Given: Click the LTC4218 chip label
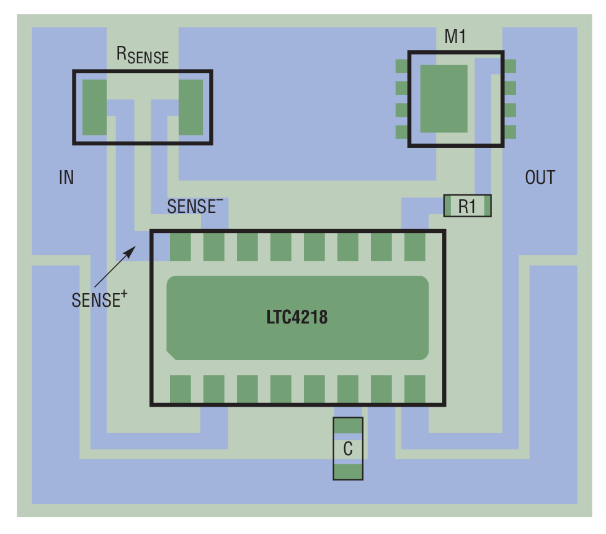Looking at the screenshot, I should click(297, 318).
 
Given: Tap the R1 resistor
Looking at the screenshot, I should click(467, 206).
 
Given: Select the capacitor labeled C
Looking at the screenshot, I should click(348, 448).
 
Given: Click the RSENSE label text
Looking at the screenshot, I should click(143, 55).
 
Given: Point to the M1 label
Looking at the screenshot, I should click(455, 37).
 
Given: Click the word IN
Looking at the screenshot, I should click(66, 178).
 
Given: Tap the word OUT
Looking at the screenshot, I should click(540, 178).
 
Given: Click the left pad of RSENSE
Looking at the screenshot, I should click(95, 107).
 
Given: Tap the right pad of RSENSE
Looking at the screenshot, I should click(191, 107).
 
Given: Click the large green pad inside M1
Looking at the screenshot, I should click(443, 98).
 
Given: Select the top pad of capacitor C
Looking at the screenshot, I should click(348, 425).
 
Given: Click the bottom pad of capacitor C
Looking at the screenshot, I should click(348, 471).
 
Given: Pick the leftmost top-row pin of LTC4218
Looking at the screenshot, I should click(180, 247).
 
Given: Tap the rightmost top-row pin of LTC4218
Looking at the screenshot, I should click(415, 247).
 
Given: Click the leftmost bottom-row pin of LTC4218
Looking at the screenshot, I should click(180, 389).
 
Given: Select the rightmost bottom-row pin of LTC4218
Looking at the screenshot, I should click(415, 389).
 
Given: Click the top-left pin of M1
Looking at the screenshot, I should click(402, 66).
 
